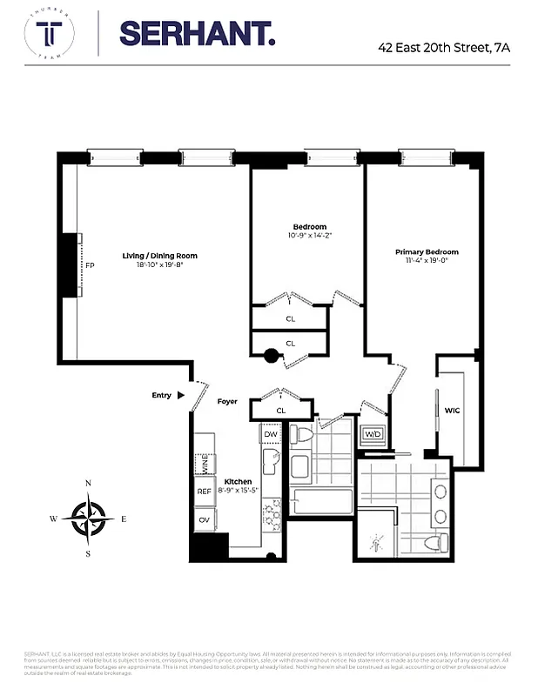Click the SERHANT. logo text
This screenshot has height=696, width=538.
pyautogui.click(x=197, y=34)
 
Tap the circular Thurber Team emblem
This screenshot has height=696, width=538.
pyautogui.click(x=49, y=34)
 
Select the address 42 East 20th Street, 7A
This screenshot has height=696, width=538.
pyautogui.click(x=444, y=48)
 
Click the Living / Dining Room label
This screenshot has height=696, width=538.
pyautogui.click(x=159, y=256)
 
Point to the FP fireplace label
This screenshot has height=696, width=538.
pyautogui.click(x=89, y=266)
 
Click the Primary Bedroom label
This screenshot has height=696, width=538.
pyautogui.click(x=426, y=252)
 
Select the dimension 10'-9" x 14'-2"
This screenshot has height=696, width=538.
pyautogui.click(x=309, y=236)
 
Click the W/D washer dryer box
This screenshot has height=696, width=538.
pyautogui.click(x=373, y=434)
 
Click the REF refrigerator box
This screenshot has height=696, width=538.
pyautogui.click(x=205, y=492)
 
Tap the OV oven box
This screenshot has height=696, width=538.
pyautogui.click(x=205, y=520)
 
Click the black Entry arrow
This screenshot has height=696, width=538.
pyautogui.click(x=181, y=395)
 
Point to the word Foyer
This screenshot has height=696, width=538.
pyautogui.click(x=226, y=402)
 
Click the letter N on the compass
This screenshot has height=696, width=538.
pyautogui.click(x=88, y=484)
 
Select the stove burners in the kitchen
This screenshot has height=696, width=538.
pyautogui.click(x=272, y=513)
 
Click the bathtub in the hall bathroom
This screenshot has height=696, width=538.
pyautogui.click(x=319, y=503)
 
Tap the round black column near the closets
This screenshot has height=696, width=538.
pyautogui.click(x=271, y=355)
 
